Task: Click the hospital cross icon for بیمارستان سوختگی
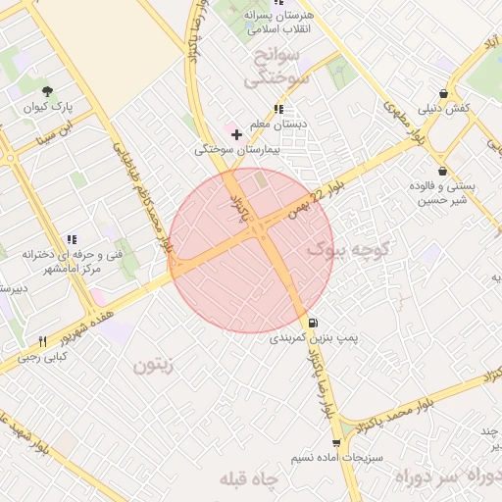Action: click(236, 133)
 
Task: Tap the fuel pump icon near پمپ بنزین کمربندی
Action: click(313, 323)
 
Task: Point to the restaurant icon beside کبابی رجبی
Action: click(42, 340)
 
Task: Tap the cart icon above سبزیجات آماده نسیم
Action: click(336, 444)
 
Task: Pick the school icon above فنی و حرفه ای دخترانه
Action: click(71, 239)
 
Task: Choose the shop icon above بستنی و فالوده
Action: click(442, 171)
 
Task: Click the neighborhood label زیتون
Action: click(154, 366)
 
